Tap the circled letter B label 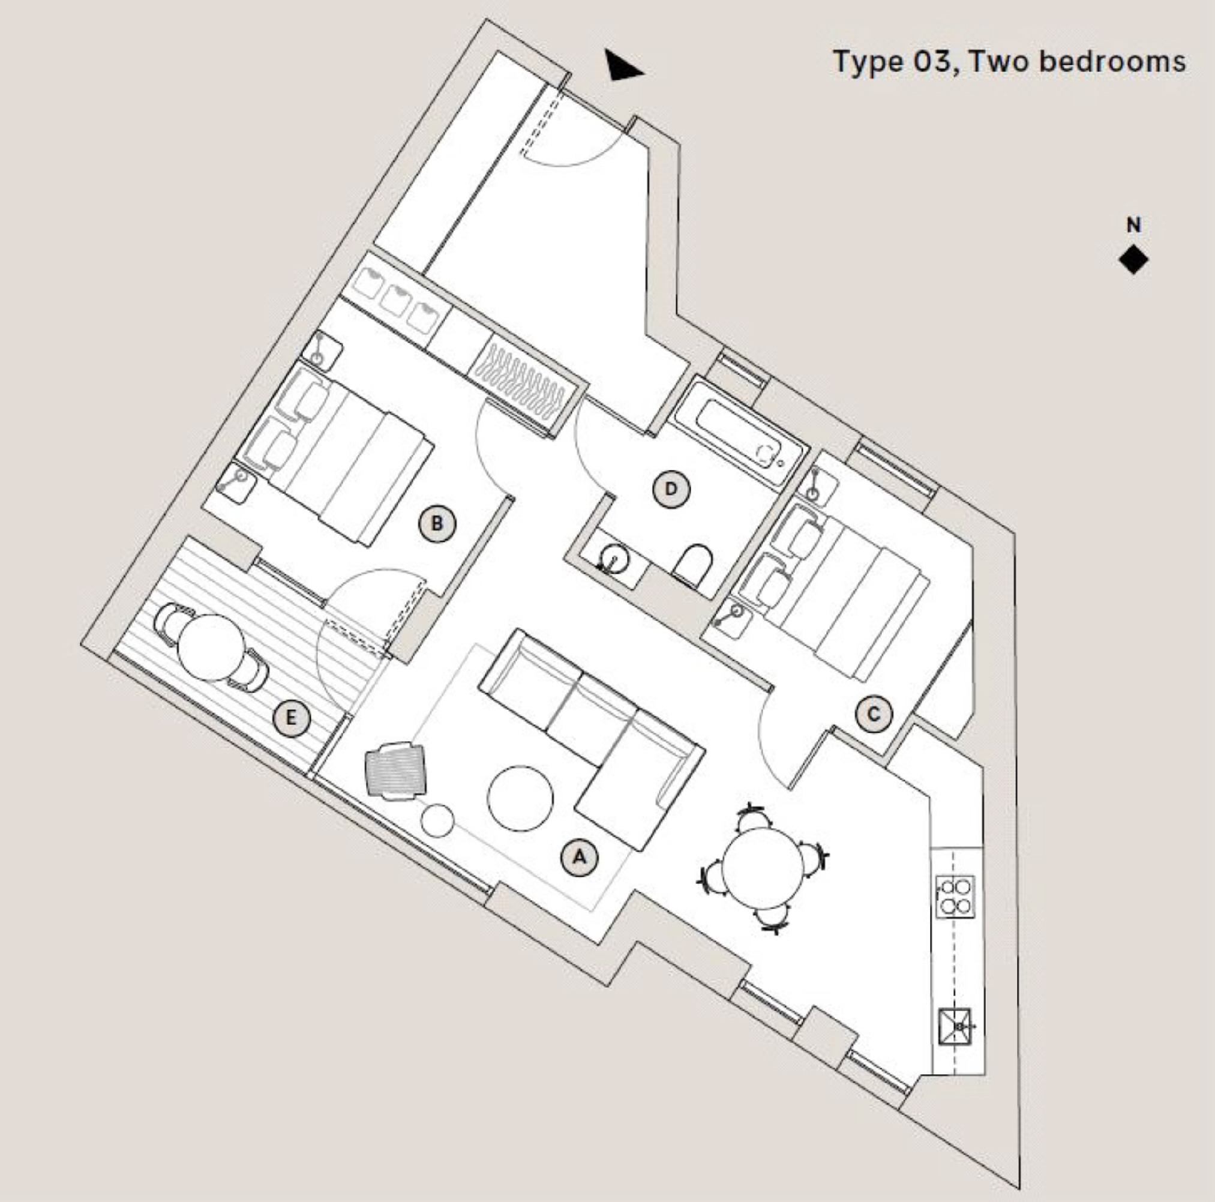437,523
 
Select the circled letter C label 874,714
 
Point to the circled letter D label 671,488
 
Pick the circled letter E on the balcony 291,718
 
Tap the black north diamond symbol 1133,260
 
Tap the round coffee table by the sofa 520,798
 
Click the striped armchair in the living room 395,769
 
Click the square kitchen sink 955,1027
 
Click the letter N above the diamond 1133,225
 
